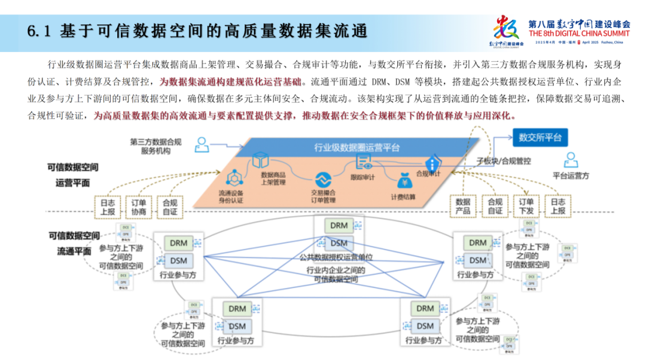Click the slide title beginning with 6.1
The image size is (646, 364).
(197, 31)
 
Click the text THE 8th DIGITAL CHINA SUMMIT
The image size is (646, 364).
(580, 34)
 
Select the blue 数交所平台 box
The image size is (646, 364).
(540, 138)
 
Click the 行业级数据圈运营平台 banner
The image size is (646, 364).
(356, 147)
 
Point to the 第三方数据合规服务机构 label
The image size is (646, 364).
(156, 147)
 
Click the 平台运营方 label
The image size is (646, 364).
(571, 176)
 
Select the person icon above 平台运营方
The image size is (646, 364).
(571, 160)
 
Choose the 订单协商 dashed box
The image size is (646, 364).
(138, 207)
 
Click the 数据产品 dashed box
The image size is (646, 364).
(463, 207)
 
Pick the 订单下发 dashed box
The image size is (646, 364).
(526, 207)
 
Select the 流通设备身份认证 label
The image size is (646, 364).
(230, 197)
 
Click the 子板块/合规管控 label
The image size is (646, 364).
(503, 161)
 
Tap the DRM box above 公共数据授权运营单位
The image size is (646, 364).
(339, 226)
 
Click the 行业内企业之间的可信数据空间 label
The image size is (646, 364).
(336, 275)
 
